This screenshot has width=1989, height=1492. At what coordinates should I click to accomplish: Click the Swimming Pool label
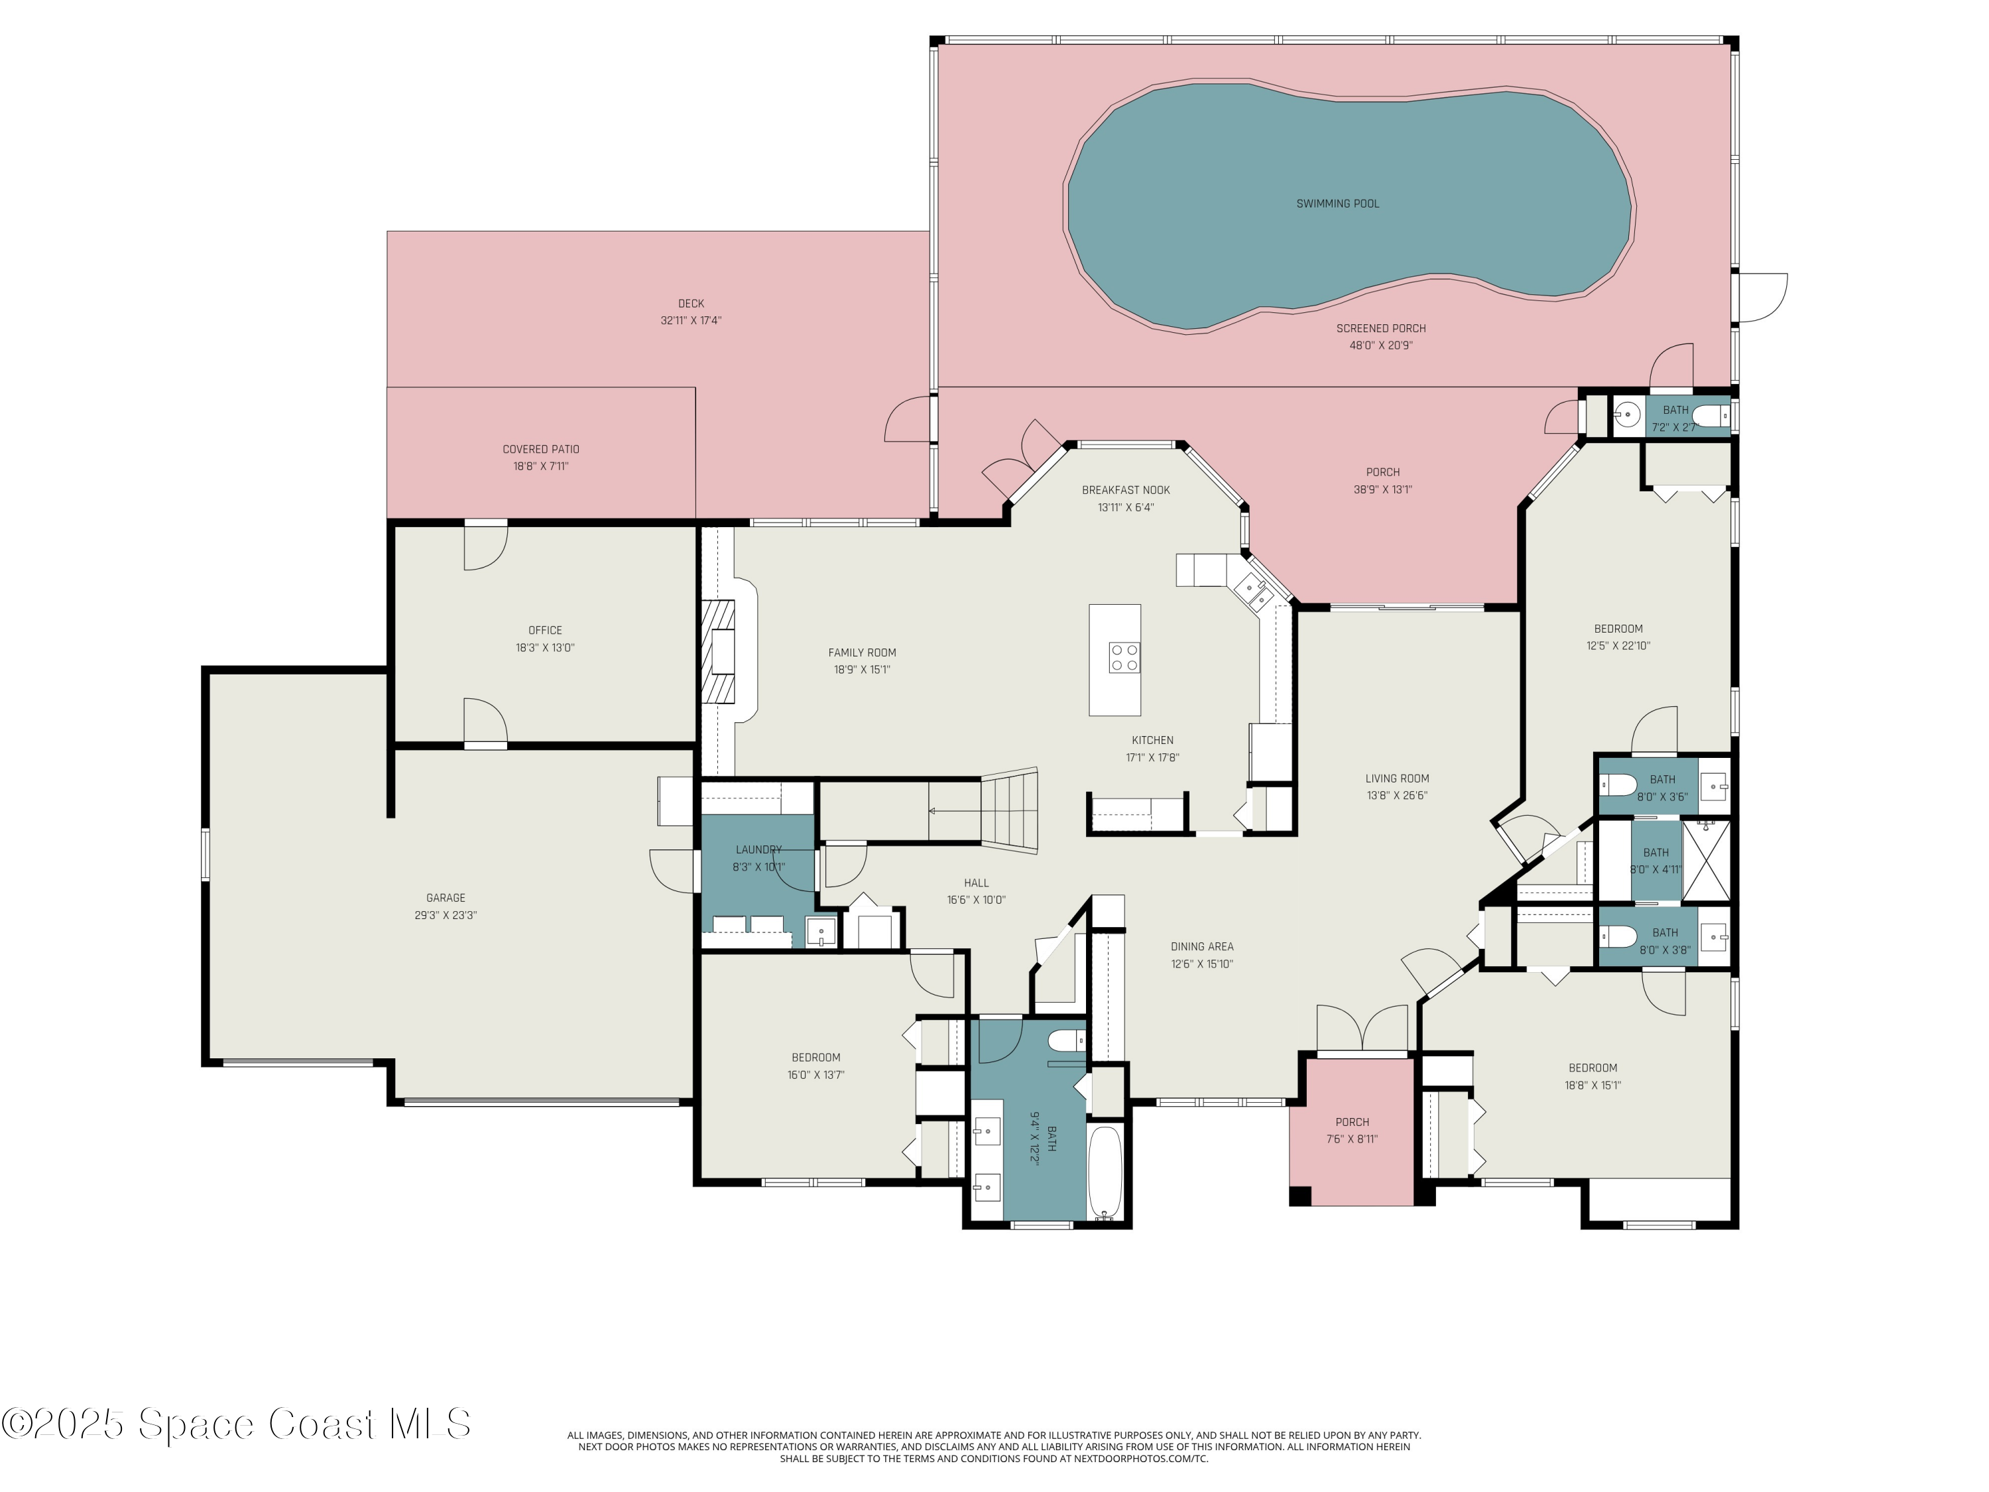click(x=1337, y=204)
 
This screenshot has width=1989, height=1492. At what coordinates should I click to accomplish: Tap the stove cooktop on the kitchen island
click(x=1124, y=656)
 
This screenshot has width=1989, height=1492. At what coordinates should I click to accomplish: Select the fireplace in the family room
click(x=719, y=651)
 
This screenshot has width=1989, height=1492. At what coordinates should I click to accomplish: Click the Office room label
click(x=545, y=629)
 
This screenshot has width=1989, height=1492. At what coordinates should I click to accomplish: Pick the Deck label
click(x=691, y=303)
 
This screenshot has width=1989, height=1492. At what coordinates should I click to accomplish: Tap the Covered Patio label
click(x=540, y=449)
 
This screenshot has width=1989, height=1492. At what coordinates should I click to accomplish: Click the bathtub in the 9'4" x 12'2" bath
click(x=1105, y=1174)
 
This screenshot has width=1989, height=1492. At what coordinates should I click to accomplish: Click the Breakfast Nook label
click(x=1126, y=490)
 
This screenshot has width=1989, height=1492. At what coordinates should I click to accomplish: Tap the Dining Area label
click(x=1201, y=946)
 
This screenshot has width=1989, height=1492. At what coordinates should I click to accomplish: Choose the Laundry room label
click(x=758, y=849)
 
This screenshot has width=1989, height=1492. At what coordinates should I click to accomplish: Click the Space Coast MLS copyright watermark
click(x=235, y=1424)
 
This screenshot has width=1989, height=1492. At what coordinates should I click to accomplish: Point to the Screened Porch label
click(x=1380, y=328)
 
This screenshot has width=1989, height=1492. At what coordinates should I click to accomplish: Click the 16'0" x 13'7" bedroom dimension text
click(x=815, y=1075)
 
